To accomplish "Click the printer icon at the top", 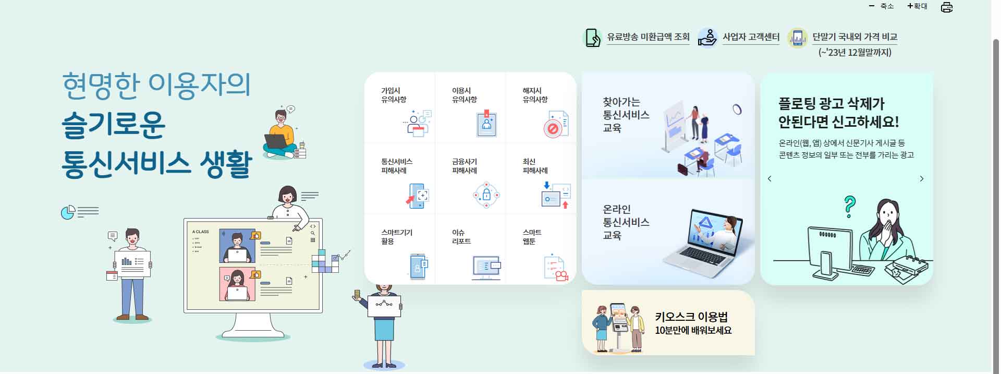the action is pos(947,7).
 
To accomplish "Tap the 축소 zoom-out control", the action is pos(882,6).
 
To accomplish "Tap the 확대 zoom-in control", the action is pos(918,6).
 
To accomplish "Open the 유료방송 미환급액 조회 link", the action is pos(648,37).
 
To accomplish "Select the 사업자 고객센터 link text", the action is pos(751,37).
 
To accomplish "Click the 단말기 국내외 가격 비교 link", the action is pos(854,37).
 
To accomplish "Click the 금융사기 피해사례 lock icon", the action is pos(486,195).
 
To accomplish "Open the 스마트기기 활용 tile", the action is pos(400,250).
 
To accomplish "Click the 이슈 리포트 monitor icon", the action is pos(486,268).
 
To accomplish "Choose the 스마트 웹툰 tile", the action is pos(541,250).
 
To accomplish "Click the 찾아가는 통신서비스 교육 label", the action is pos(626,115).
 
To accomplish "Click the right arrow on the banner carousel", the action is pos(921,179).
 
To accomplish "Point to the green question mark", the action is pos(850,207).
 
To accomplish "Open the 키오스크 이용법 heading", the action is pos(691,317).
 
